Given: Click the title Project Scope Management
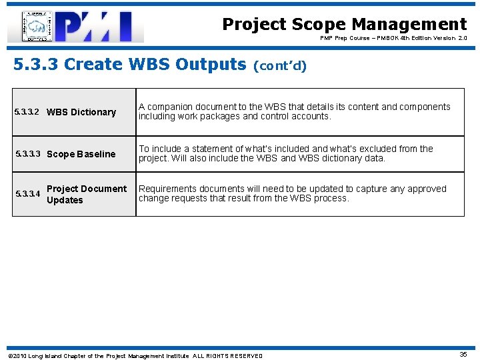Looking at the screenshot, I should [x=344, y=25].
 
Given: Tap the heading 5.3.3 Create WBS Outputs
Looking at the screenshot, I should [x=130, y=65].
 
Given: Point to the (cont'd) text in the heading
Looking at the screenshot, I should [x=280, y=66].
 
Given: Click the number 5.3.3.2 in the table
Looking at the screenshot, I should [x=27, y=112].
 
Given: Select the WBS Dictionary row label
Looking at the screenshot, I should [x=81, y=112].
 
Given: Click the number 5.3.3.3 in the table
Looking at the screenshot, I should [x=27, y=154].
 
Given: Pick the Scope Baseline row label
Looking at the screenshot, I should [x=81, y=154].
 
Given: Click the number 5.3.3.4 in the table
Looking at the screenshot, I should [x=27, y=195].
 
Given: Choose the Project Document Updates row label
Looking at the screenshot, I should [x=86, y=194].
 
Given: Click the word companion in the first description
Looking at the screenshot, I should [x=167, y=107].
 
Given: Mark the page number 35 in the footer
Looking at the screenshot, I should [x=463, y=355].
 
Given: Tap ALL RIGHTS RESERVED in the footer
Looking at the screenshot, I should [x=228, y=355].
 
